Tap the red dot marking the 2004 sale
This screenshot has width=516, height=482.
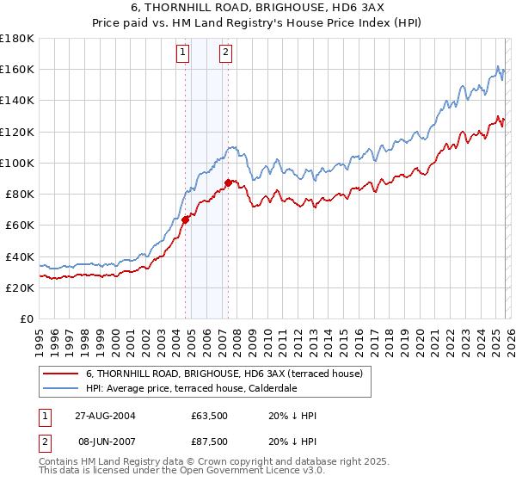185,219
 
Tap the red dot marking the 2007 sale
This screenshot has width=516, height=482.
228,182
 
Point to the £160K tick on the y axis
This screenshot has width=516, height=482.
17,69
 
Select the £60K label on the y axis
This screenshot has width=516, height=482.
20,225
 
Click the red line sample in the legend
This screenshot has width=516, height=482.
60,374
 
